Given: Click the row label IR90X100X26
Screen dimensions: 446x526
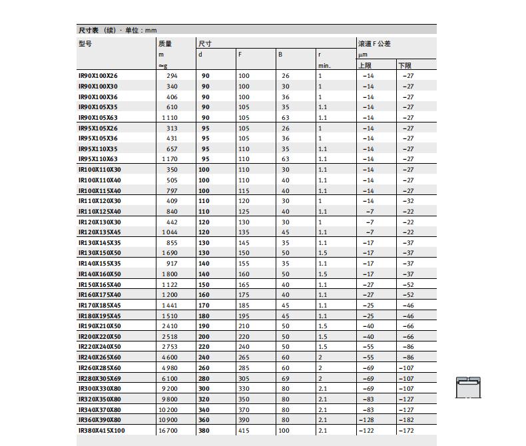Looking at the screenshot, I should pyautogui.click(x=98, y=76).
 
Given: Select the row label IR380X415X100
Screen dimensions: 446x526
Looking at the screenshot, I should pyautogui.click(x=101, y=431).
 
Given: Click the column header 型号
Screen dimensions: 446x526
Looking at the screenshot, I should pyautogui.click(x=85, y=43).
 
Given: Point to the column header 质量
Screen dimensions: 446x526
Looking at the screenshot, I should pyautogui.click(x=165, y=43).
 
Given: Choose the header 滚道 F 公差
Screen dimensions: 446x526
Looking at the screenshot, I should pyautogui.click(x=374, y=43).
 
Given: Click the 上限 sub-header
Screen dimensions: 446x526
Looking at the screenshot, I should pyautogui.click(x=365, y=65).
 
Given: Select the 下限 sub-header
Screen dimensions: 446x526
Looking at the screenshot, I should pyautogui.click(x=405, y=65).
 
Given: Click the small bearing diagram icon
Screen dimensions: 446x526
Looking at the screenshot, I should pyautogui.click(x=468, y=387).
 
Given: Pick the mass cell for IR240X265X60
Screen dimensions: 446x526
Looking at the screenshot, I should pyautogui.click(x=169, y=357).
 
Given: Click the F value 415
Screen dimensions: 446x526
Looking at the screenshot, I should pyautogui.click(x=244, y=431).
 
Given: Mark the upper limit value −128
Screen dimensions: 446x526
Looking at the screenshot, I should pyautogui.click(x=368, y=420).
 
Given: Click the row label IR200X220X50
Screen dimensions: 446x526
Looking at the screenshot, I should pyautogui.click(x=100, y=337).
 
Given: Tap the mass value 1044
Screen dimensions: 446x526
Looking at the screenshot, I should pyautogui.click(x=169, y=232).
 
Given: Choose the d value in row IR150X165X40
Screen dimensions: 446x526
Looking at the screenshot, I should pyautogui.click(x=204, y=285).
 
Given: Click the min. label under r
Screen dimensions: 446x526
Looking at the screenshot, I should pyautogui.click(x=324, y=65).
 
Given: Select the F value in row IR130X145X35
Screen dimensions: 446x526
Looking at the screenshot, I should pyautogui.click(x=244, y=243).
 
